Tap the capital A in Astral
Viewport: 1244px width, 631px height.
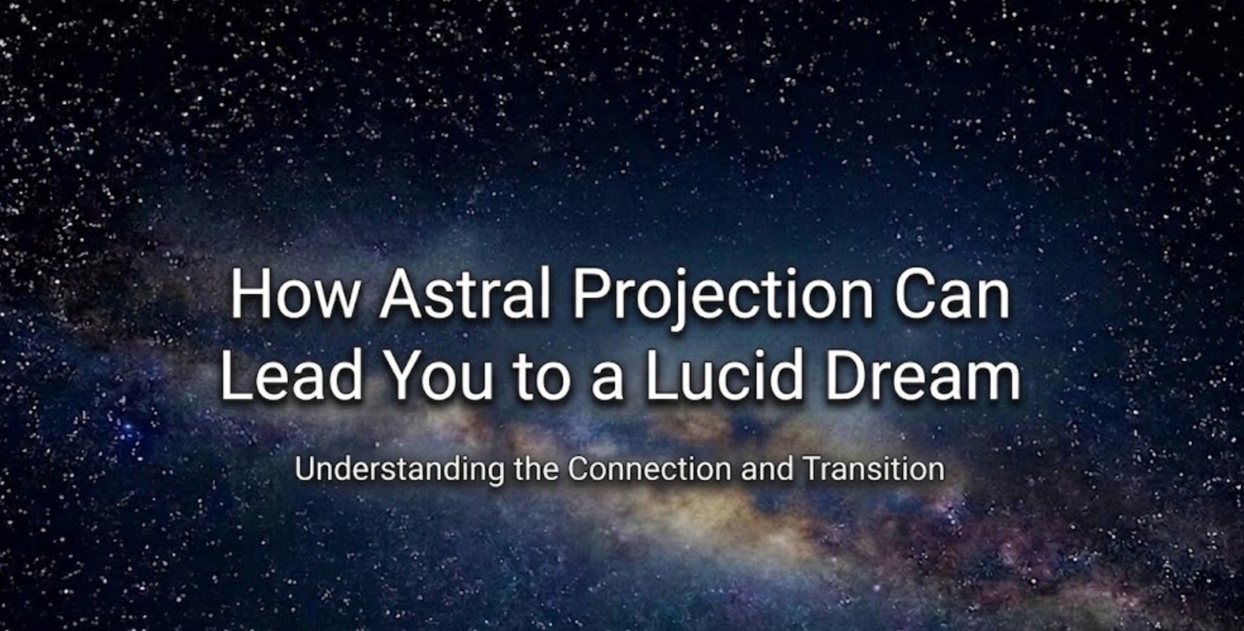[397, 294]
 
